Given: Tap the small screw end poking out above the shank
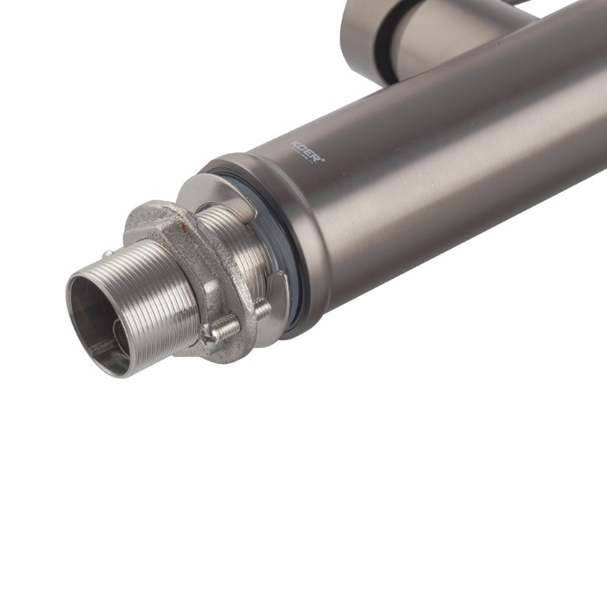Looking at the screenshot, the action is [106, 255].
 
